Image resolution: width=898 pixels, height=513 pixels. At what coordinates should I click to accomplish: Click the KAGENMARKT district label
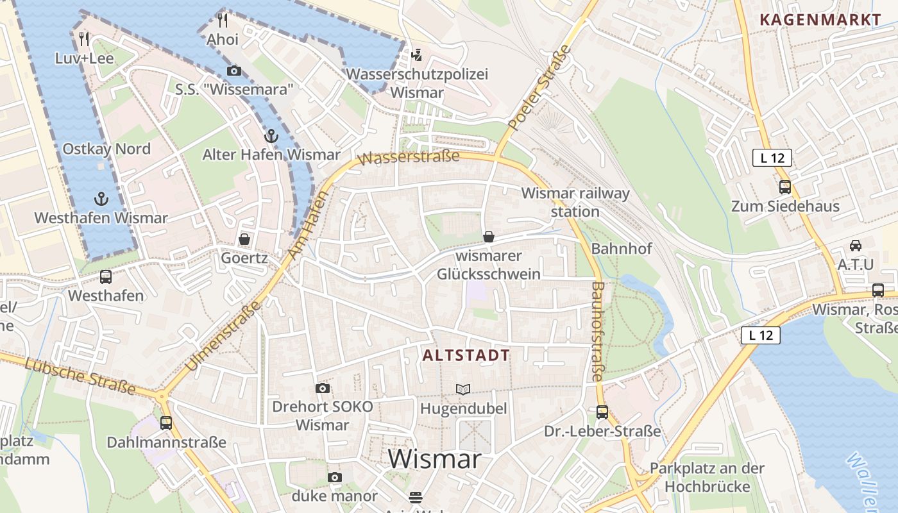pyautogui.click(x=820, y=19)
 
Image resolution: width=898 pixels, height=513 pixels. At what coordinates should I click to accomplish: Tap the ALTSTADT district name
pyautogui.click(x=466, y=355)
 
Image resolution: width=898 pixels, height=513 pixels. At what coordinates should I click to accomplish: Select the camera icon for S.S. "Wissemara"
pyautogui.click(x=234, y=71)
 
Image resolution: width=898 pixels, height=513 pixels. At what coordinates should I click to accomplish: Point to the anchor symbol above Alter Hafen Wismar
pyautogui.click(x=271, y=136)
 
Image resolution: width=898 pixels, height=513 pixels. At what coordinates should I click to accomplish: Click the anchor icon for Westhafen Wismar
pyautogui.click(x=101, y=199)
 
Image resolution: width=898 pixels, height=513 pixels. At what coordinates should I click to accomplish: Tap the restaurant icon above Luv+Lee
pyautogui.click(x=84, y=39)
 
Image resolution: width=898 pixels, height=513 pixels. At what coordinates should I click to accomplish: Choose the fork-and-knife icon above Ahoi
pyautogui.click(x=223, y=20)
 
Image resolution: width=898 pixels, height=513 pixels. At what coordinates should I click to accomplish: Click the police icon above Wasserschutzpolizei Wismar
pyautogui.click(x=417, y=55)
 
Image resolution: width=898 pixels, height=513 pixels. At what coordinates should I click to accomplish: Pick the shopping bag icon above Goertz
pyautogui.click(x=244, y=239)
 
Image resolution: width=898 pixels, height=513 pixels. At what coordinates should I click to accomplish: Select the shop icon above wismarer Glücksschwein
pyautogui.click(x=489, y=237)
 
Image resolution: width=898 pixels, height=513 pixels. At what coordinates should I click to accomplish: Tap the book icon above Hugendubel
pyautogui.click(x=463, y=389)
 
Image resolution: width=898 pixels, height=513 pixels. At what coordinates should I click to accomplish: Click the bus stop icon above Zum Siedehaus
pyautogui.click(x=785, y=187)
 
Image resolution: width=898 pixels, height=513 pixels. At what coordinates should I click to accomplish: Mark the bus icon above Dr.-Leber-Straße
pyautogui.click(x=602, y=412)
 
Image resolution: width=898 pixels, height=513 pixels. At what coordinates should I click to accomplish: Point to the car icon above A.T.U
pyautogui.click(x=856, y=245)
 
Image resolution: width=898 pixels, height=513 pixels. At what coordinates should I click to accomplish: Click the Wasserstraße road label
pyautogui.click(x=411, y=156)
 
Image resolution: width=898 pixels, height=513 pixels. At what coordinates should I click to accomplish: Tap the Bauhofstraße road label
pyautogui.click(x=597, y=332)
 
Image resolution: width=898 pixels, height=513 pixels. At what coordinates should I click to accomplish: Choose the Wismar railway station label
pyautogui.click(x=575, y=202)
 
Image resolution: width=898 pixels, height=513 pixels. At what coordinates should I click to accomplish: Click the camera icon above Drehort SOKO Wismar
pyautogui.click(x=323, y=388)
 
